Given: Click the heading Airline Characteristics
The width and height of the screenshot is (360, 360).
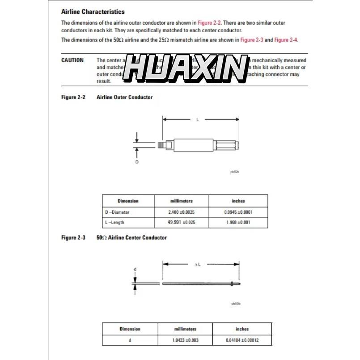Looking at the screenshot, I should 93,12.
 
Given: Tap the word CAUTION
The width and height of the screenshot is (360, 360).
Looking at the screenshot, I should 72,60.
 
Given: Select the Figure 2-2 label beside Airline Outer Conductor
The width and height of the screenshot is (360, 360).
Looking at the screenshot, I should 73,97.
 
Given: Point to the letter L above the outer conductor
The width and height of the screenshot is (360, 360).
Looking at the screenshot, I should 198,119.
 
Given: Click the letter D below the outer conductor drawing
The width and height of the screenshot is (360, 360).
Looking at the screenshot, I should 137,162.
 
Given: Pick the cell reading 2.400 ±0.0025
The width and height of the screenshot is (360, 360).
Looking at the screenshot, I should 181,212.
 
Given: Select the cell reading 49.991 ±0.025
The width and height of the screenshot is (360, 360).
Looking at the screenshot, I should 181,222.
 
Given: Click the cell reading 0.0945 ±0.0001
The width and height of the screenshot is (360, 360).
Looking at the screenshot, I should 238,212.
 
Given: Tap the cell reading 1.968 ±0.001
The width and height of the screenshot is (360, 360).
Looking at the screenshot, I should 238,222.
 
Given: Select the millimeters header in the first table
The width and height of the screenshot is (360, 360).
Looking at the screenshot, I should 181,201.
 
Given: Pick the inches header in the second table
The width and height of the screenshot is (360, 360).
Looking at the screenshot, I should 242,329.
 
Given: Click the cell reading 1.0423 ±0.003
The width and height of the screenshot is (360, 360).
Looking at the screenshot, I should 185,340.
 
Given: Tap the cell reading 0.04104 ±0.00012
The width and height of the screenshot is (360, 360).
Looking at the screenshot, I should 242,340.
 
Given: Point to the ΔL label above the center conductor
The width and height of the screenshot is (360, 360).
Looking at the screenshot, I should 197,264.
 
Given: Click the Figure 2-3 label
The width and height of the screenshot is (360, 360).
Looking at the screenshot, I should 73,237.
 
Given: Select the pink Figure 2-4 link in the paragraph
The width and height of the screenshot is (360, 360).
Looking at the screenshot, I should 286,40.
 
